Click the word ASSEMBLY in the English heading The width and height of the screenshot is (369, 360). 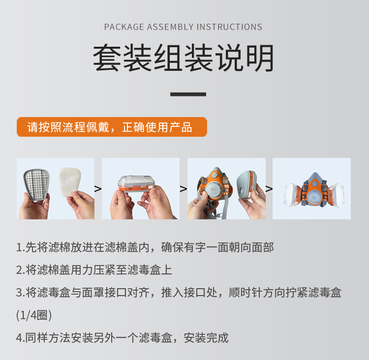[170, 27]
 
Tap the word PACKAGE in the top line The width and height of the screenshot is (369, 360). [124, 27]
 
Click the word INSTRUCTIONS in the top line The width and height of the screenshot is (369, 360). [229, 27]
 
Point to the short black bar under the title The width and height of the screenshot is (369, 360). [188, 94]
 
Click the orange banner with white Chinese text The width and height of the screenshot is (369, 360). [112, 127]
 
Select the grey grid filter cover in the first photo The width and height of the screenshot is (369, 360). [36, 184]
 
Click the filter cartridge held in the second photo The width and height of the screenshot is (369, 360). [137, 184]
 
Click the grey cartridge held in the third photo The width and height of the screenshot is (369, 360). [247, 185]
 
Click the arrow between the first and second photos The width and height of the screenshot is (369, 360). [98, 189]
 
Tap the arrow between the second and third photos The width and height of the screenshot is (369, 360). [184, 189]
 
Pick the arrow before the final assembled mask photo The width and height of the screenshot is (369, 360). [269, 189]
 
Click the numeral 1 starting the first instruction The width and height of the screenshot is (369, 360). [19, 247]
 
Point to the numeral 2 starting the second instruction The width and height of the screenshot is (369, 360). [19, 270]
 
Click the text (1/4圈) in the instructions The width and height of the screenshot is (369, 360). [34, 315]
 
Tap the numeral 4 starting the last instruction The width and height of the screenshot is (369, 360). [19, 338]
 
